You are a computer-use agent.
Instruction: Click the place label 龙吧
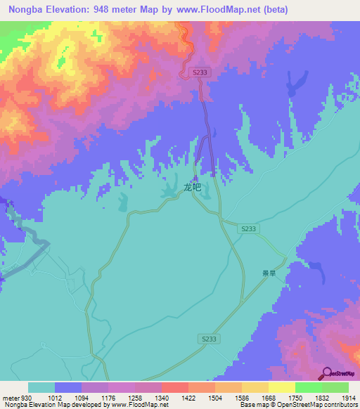(x=192, y=188)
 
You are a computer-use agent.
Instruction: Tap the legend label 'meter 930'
(x=16, y=398)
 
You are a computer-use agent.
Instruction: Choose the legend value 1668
(x=267, y=398)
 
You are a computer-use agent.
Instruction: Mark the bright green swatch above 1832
(x=308, y=387)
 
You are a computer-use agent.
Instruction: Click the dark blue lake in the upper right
(x=292, y=86)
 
